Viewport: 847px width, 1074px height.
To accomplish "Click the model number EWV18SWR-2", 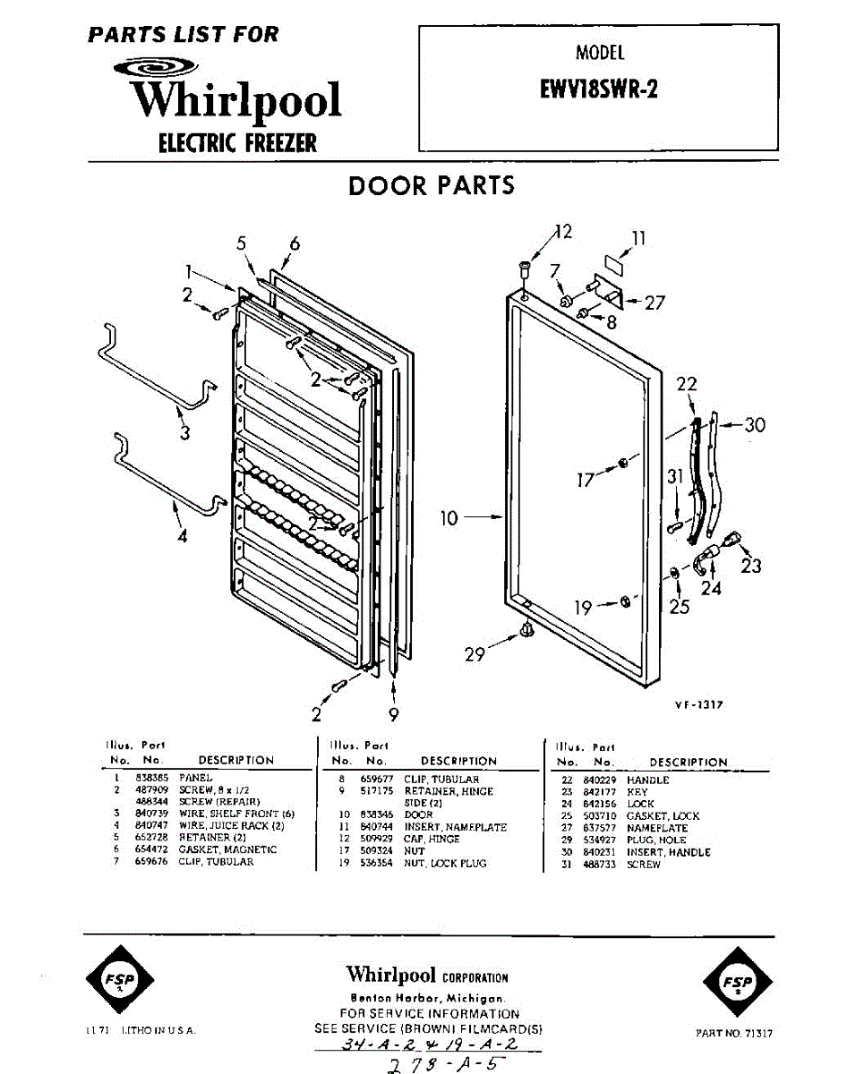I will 599,90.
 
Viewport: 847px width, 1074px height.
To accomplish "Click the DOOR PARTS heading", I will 432,186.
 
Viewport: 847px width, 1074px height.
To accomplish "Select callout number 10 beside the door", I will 449,517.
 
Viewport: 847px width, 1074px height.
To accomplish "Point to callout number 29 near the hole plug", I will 475,654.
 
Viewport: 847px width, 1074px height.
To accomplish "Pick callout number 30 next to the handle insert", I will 755,425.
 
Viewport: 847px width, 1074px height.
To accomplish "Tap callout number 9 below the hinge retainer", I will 394,714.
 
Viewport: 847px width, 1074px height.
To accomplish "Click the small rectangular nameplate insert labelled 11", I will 614,264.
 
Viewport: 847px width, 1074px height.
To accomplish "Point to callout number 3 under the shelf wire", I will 184,434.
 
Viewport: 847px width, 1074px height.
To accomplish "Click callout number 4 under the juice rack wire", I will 182,537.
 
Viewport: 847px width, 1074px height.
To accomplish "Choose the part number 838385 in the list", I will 148,779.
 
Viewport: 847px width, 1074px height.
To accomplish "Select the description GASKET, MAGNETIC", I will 227,849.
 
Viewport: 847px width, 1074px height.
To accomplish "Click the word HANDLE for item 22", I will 647,780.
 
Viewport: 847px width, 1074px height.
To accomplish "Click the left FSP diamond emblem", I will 117,980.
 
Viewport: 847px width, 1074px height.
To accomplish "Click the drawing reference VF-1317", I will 698,705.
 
